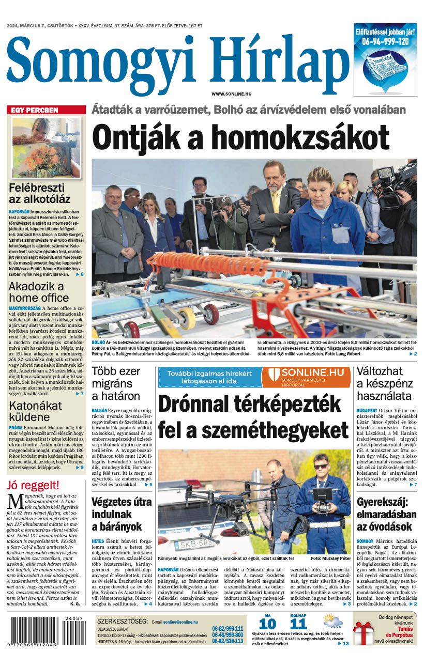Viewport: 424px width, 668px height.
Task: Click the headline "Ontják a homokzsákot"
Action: (x=240, y=138)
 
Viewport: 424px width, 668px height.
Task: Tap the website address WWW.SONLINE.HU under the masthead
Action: (x=231, y=93)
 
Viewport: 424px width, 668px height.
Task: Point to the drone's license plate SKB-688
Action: (x=193, y=543)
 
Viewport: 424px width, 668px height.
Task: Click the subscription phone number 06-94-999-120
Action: (x=385, y=41)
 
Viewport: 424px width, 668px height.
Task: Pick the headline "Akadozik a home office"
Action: (x=36, y=293)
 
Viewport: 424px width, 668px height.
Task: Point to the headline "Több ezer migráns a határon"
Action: (x=116, y=384)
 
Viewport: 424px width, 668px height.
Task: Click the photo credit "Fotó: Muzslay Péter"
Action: (x=330, y=558)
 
